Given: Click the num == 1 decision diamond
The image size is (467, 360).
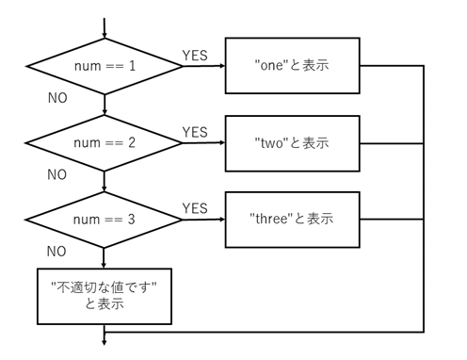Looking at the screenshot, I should coord(105,67).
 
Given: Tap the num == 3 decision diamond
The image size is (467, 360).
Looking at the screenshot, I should coord(105,221).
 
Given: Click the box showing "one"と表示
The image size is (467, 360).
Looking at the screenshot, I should coord(292,66).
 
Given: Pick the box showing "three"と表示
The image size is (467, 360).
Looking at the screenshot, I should coord(292,220).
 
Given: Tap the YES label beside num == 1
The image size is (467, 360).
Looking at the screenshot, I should coord(195,54).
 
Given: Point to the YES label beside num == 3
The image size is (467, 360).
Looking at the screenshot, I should coord(195,207).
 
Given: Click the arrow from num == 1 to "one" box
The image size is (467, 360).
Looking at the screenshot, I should coord(204,67).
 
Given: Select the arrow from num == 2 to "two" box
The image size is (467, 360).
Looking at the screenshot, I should coord(204,143).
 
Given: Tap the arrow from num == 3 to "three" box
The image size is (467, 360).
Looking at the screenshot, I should coord(204,221).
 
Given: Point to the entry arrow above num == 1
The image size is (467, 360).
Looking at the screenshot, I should coord(105,27).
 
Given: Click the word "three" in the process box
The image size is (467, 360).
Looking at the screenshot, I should coord(273,220).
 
